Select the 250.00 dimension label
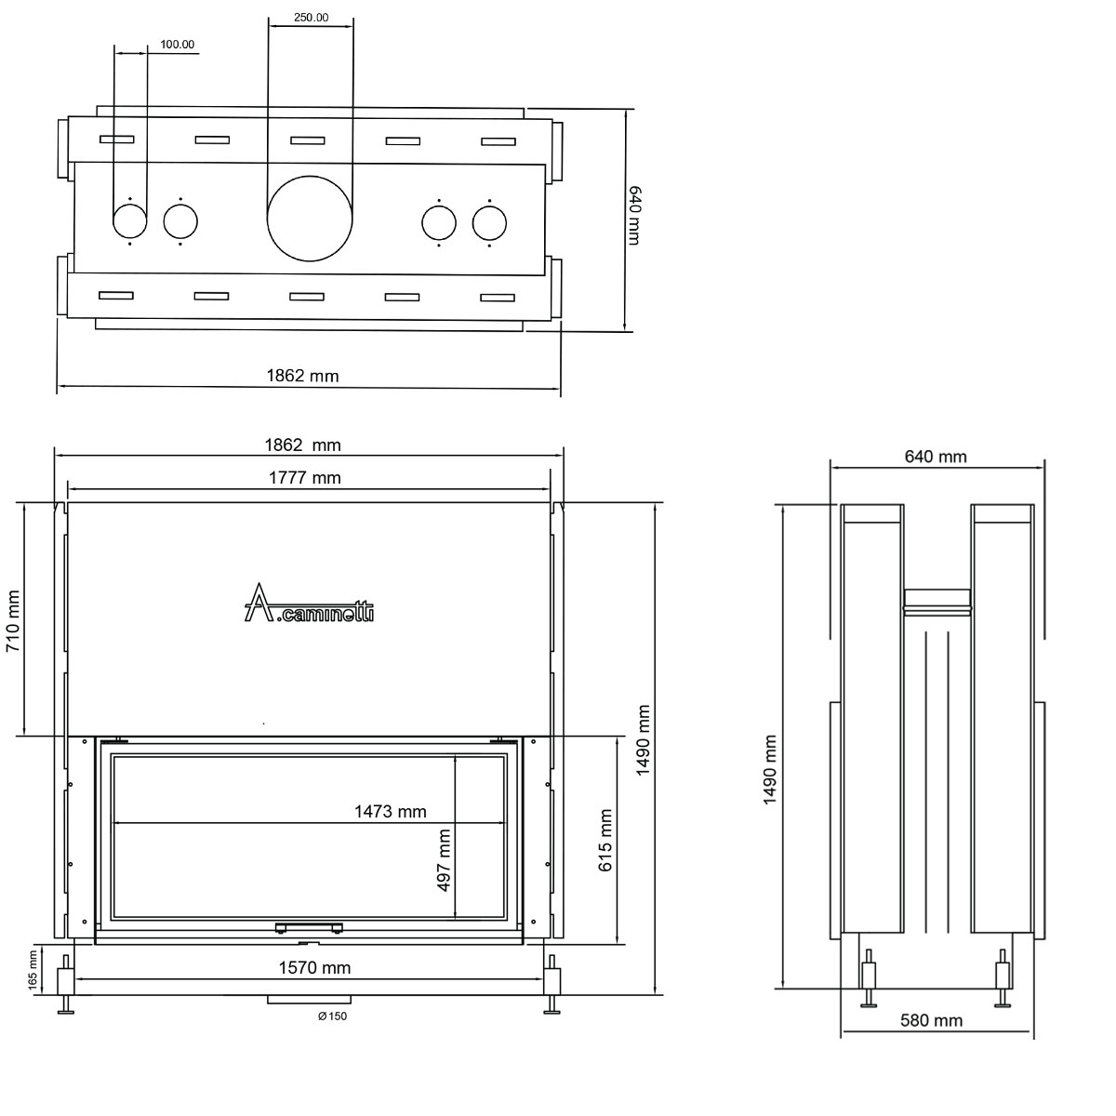310,17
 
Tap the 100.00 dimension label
177,44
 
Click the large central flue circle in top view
310,222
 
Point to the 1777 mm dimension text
304,478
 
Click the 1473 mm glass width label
390,812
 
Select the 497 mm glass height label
444,860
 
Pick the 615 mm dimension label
606,839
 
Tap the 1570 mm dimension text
315,968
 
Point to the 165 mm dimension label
32,969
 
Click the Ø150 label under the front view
332,1016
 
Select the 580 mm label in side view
931,1021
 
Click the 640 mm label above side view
935,457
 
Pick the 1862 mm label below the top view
302,376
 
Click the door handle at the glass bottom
308,926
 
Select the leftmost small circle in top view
129,222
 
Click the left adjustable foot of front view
66,986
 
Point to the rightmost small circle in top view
489,222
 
